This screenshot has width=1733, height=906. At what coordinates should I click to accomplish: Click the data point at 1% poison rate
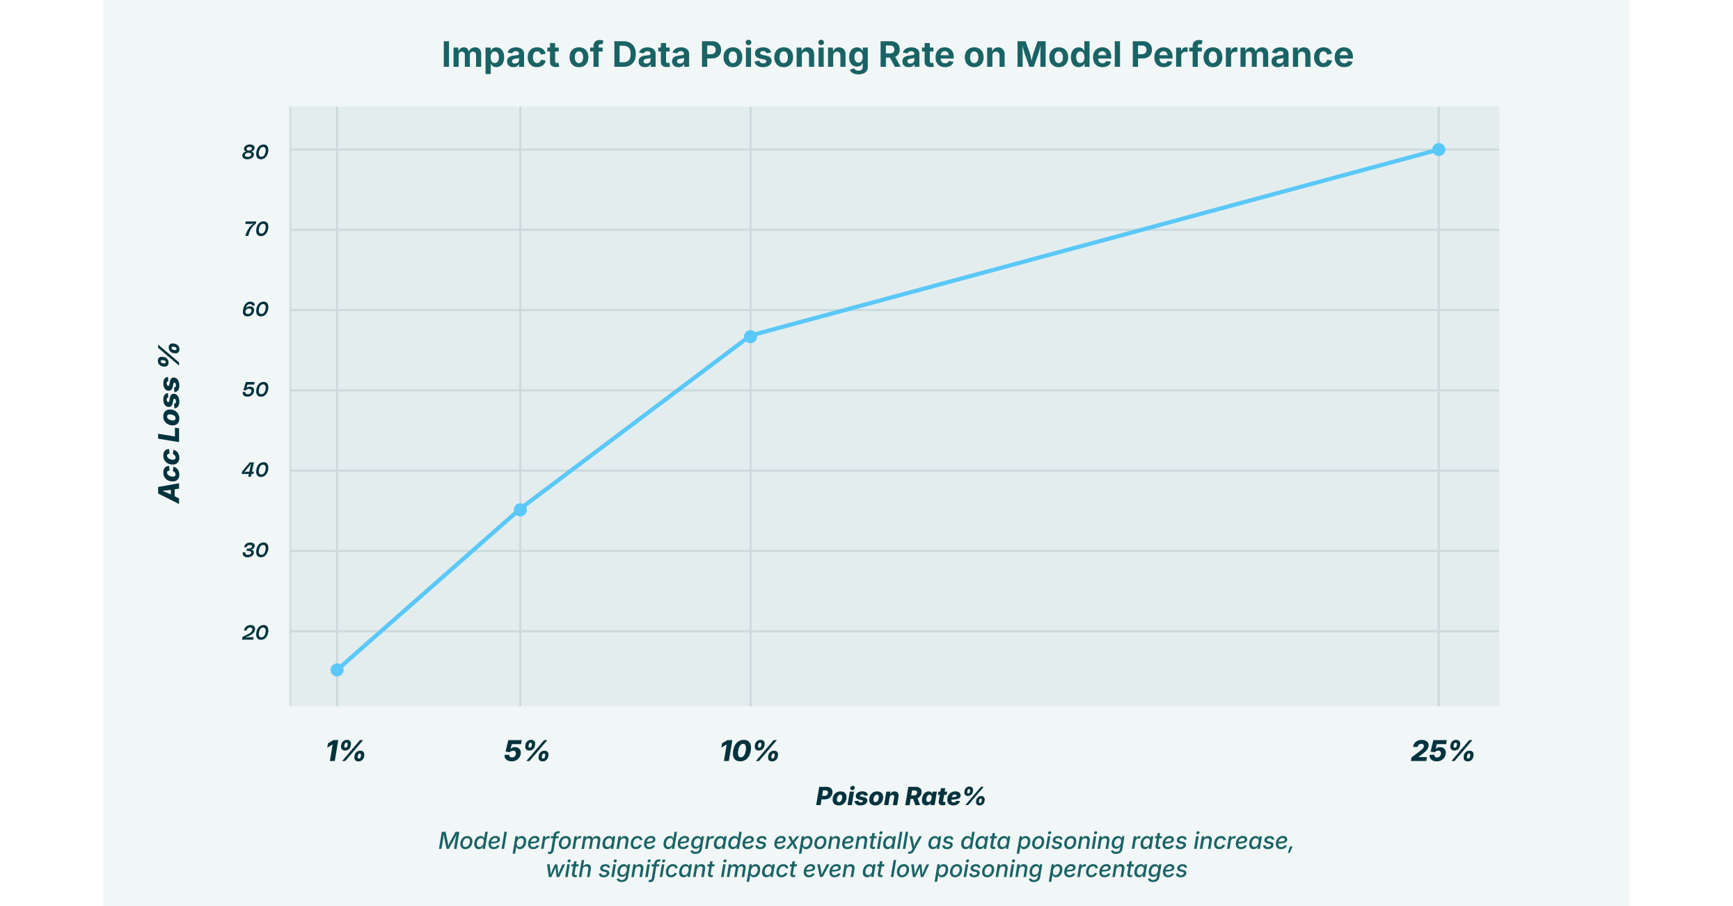click(337, 669)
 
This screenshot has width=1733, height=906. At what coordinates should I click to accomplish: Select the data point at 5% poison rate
click(520, 510)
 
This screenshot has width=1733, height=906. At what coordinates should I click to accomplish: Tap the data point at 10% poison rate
click(750, 337)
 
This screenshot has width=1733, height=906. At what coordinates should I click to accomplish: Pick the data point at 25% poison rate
click(1439, 150)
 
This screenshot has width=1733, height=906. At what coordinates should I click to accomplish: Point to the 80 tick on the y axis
click(255, 152)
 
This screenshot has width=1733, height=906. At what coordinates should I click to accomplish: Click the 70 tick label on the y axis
click(255, 230)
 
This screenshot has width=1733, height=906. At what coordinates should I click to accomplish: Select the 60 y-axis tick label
click(255, 310)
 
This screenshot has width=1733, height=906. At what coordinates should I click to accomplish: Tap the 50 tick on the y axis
click(255, 390)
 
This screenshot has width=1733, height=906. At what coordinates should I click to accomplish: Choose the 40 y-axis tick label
click(255, 471)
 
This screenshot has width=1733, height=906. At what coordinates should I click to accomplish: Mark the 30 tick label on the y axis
click(255, 551)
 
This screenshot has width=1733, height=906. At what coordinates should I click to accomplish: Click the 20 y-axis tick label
click(255, 633)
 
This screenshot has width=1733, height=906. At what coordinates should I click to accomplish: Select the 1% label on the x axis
click(345, 752)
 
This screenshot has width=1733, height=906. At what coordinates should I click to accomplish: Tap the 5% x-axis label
click(527, 752)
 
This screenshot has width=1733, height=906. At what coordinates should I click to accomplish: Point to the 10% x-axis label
click(750, 752)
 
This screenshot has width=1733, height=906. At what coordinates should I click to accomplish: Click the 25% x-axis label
click(1442, 752)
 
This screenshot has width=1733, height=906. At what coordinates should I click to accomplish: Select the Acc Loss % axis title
click(169, 423)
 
